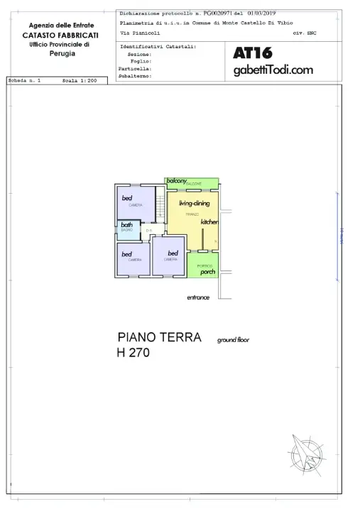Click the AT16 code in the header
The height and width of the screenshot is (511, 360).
[253, 53]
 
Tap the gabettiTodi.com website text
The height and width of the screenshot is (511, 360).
[273, 70]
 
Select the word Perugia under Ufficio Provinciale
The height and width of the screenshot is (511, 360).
[60, 53]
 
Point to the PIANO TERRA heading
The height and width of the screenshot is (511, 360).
[159, 337]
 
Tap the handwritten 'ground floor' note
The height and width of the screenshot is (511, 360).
[233, 340]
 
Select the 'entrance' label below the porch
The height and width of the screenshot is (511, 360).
[198, 297]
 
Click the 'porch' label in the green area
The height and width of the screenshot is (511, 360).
[207, 272]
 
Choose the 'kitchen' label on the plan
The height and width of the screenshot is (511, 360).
[209, 222]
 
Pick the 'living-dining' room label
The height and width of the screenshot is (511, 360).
[194, 204]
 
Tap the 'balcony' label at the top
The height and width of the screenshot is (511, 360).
[177, 182]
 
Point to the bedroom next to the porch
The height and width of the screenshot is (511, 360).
[170, 258]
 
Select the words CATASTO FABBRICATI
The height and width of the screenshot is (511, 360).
[60, 35]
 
